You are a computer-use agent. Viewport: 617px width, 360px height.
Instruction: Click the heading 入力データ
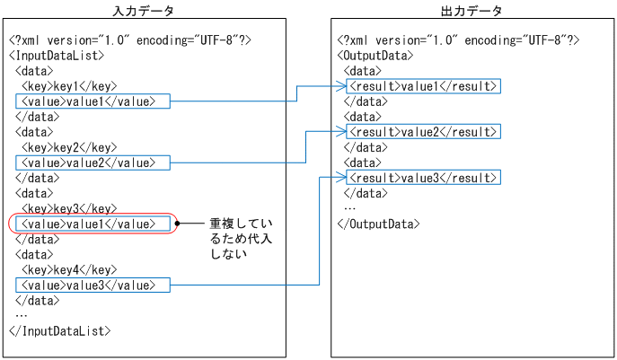click(144, 11)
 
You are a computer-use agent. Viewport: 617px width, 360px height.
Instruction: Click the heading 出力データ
click(472, 11)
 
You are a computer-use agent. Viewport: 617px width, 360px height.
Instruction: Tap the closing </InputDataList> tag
click(60, 330)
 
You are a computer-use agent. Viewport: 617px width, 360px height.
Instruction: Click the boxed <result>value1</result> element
click(422, 86)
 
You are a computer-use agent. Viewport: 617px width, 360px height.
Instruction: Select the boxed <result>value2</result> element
click(422, 132)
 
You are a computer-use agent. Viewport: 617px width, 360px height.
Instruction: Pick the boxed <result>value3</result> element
click(422, 178)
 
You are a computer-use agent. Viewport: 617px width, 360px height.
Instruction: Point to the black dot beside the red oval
click(180, 223)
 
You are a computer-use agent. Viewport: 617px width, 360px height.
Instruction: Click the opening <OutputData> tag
click(375, 55)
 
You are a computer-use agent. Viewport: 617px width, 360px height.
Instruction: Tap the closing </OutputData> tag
click(378, 224)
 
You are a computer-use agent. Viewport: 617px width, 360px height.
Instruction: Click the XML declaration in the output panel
click(458, 40)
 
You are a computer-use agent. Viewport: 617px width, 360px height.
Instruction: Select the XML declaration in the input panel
click(130, 40)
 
